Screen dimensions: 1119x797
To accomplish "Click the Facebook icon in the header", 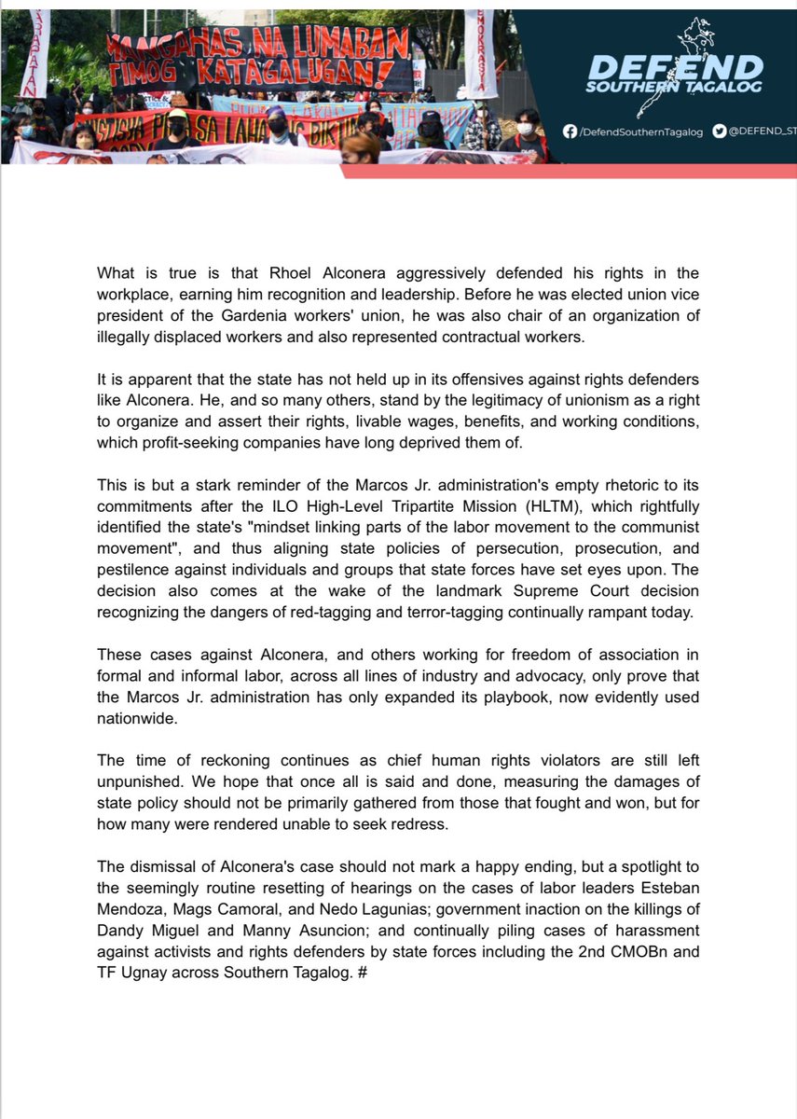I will point(570,133).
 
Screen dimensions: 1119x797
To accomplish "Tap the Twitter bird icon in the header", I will point(719,133).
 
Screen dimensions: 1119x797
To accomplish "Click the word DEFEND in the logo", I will point(676,68).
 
